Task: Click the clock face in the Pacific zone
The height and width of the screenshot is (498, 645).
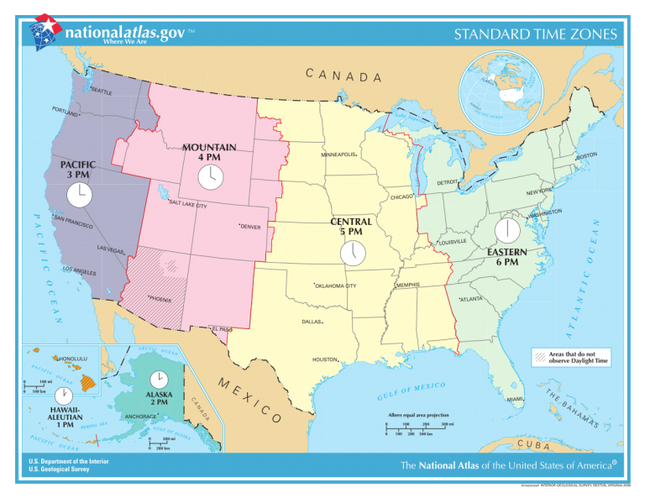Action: click(78, 195)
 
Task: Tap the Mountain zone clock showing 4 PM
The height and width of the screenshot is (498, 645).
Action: click(210, 177)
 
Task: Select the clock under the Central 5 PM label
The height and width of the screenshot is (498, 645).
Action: click(353, 252)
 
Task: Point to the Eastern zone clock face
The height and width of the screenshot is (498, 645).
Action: click(507, 231)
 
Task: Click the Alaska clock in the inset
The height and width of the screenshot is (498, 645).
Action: click(157, 380)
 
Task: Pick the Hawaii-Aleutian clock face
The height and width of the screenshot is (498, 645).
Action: click(63, 396)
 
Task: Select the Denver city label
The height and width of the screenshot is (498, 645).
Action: click(250, 227)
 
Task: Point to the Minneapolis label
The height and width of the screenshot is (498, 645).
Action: click(339, 155)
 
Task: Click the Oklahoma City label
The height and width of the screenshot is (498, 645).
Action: click(335, 286)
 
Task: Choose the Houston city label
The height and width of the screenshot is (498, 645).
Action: click(325, 359)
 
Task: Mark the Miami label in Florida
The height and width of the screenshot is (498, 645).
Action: click(515, 399)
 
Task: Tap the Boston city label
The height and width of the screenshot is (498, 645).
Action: click(586, 155)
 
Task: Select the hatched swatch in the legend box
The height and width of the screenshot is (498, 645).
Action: click(538, 358)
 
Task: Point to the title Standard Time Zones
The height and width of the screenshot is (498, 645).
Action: click(535, 34)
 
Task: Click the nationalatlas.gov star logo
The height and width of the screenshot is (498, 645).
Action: click(45, 32)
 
